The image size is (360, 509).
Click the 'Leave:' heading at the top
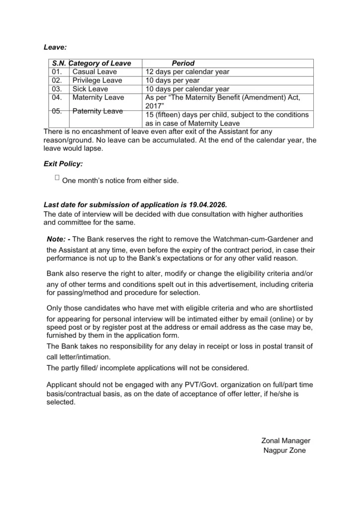pyautogui.click(x=55, y=47)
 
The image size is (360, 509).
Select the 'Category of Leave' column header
pyautogui.click(x=101, y=63)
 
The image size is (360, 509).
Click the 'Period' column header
pyautogui.click(x=183, y=63)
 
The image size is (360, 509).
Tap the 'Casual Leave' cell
pyautogui.click(x=94, y=72)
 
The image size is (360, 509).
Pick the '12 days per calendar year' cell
pyautogui.click(x=187, y=72)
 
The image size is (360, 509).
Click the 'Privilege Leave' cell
pyautogui.click(x=97, y=80)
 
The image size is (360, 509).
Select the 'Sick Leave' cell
pyautogui.click(x=90, y=89)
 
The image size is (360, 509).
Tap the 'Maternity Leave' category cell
pyautogui.click(x=98, y=97)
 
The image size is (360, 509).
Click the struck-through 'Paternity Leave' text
pyautogui.click(x=97, y=111)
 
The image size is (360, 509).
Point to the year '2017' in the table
pyautogui.click(x=154, y=106)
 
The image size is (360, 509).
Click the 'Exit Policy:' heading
pyautogui.click(x=63, y=163)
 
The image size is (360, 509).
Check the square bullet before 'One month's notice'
pyautogui.click(x=57, y=177)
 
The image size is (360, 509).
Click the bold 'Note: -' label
pyautogui.click(x=58, y=239)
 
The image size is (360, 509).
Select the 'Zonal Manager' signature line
pyautogui.click(x=285, y=440)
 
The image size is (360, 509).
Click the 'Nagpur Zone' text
pyautogui.click(x=284, y=450)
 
